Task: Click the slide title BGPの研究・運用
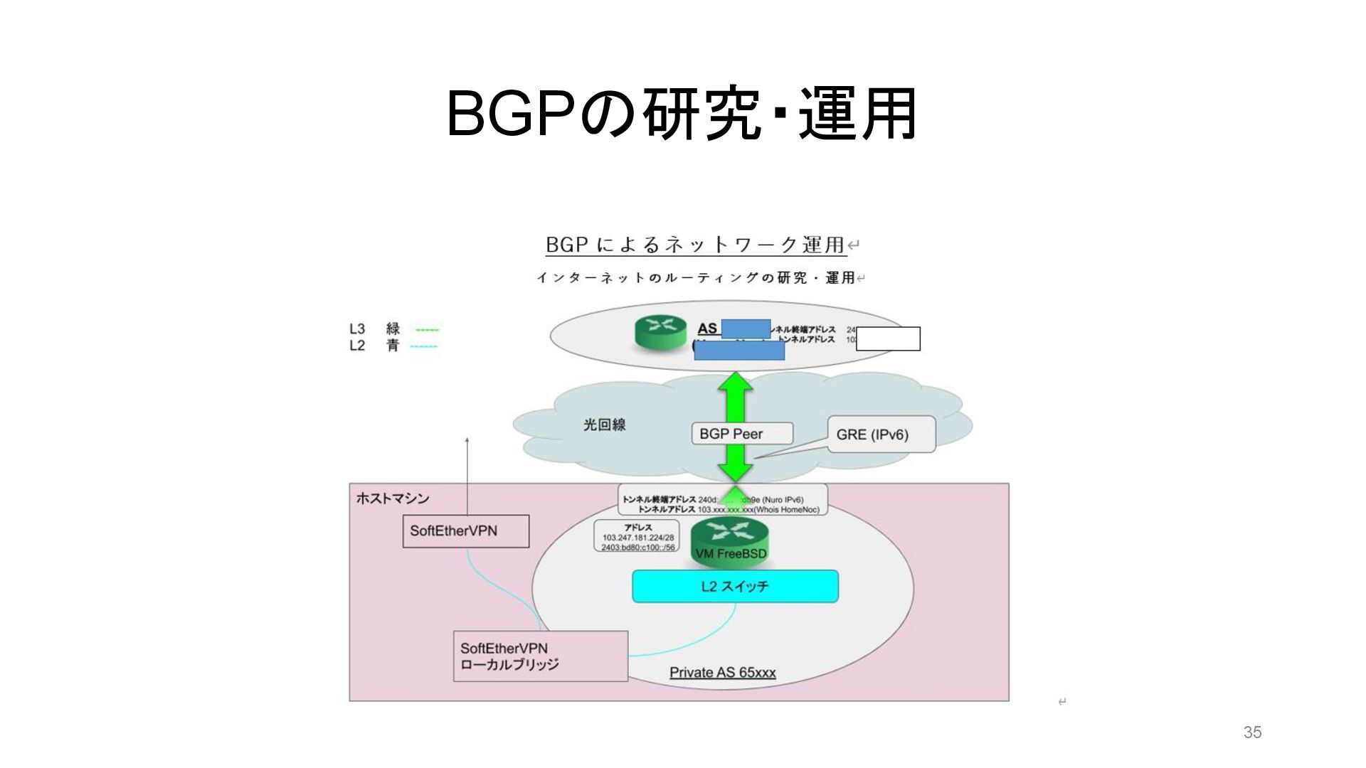pos(682,114)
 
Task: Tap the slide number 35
pos(1252,732)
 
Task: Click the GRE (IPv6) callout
pos(881,434)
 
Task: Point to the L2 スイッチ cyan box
pos(735,586)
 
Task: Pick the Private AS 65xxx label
pos(722,673)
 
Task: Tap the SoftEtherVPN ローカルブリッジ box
pos(540,656)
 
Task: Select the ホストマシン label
pos(392,498)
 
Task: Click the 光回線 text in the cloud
pos(604,425)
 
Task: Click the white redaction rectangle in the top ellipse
pos(888,338)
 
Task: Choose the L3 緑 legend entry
pos(393,329)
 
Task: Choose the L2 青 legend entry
pos(393,346)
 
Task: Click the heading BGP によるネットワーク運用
pos(694,245)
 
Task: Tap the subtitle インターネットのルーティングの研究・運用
pos(695,278)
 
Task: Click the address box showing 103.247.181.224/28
pos(637,538)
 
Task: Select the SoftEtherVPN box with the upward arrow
pos(465,531)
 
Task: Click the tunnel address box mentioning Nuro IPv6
pos(721,499)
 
